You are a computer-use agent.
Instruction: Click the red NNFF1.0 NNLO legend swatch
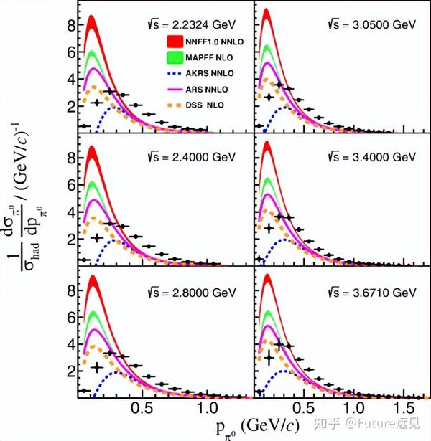tap(175, 42)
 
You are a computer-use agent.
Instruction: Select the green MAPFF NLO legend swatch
tap(175, 57)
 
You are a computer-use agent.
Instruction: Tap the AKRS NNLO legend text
tap(210, 73)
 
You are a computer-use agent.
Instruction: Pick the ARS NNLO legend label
tap(207, 90)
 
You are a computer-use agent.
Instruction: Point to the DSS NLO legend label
tap(205, 105)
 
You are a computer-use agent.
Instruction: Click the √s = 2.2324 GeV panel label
tap(192, 24)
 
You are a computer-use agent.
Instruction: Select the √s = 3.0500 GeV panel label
tap(372, 24)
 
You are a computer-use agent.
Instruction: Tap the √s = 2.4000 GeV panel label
tap(192, 157)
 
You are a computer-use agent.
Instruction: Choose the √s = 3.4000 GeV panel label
tap(372, 157)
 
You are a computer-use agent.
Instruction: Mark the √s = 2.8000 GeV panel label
tap(192, 293)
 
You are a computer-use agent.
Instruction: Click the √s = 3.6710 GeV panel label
tap(372, 293)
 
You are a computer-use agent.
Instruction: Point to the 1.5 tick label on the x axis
tap(404, 408)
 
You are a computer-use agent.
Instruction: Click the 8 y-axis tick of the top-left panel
tap(72, 25)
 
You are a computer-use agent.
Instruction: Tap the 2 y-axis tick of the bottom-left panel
tap(72, 371)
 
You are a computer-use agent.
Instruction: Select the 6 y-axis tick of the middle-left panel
tap(72, 185)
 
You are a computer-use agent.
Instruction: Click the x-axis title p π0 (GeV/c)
tap(257, 427)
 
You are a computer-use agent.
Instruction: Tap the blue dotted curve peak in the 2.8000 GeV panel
tap(115, 372)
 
